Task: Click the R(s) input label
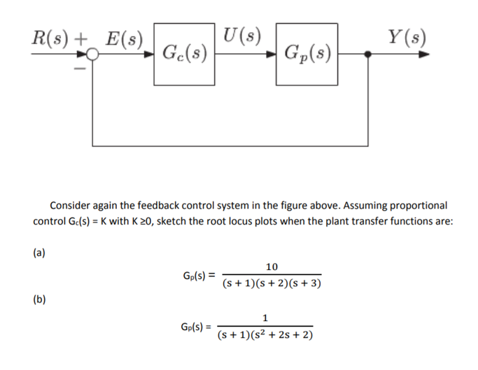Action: (x=51, y=38)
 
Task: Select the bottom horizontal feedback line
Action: (x=231, y=145)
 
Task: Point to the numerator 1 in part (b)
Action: (x=265, y=318)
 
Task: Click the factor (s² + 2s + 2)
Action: (x=283, y=335)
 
